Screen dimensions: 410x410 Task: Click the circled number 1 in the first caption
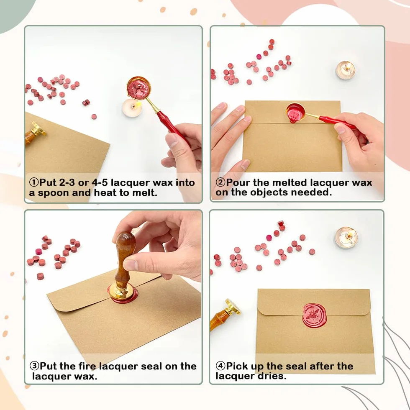pos(34,182)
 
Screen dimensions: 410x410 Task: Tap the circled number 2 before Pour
pos(220,182)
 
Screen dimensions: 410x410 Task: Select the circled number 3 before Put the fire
pos(34,366)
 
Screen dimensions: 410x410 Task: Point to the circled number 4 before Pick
pos(220,366)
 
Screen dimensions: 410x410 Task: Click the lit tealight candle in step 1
pos(132,108)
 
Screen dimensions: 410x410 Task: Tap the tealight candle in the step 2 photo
pos(346,70)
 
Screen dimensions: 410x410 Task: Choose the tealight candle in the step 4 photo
pos(346,238)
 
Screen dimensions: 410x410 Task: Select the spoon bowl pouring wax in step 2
pos(296,111)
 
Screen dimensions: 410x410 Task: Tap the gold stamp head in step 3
pos(122,292)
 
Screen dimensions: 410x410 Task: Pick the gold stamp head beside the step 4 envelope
pos(233,307)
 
